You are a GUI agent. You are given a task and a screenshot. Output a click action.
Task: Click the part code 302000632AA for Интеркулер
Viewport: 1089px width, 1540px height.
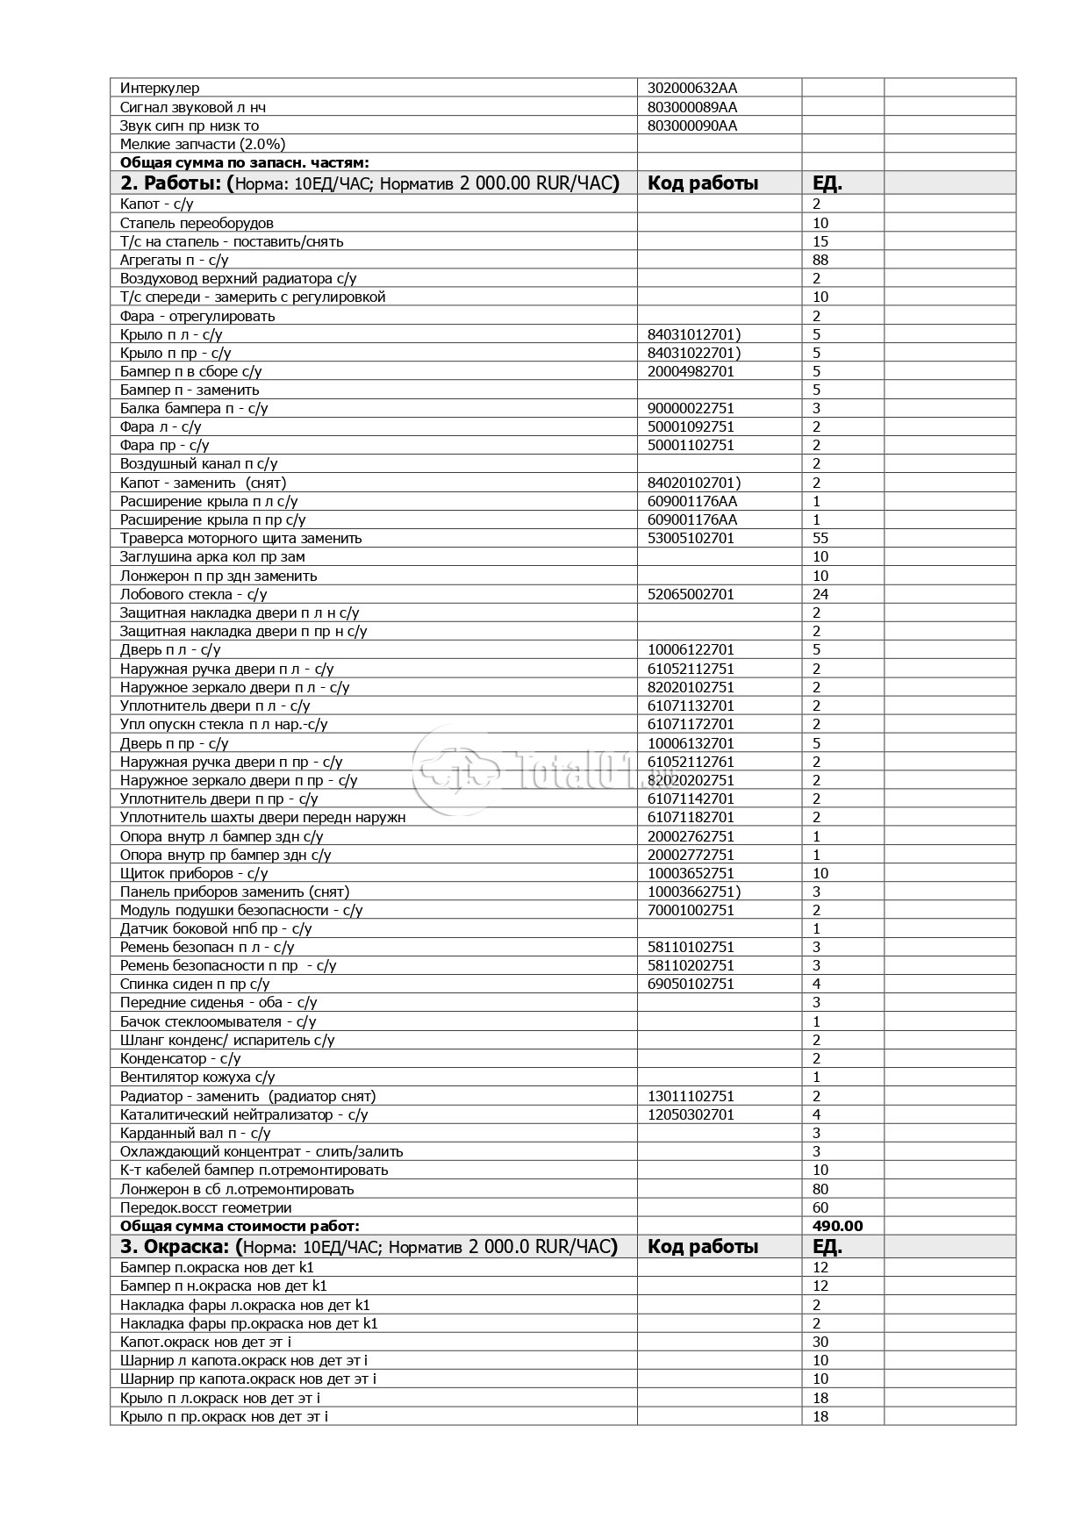tap(691, 88)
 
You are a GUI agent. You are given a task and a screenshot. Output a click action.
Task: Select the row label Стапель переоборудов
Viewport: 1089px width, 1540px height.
tap(197, 223)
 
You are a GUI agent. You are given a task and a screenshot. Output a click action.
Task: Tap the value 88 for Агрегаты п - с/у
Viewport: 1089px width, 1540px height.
tap(820, 260)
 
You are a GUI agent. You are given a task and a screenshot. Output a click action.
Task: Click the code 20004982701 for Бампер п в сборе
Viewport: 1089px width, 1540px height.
tap(691, 371)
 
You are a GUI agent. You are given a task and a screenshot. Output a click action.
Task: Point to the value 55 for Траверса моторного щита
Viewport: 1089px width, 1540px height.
tap(820, 538)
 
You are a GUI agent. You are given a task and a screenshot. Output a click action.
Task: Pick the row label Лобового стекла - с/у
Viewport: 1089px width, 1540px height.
tap(194, 594)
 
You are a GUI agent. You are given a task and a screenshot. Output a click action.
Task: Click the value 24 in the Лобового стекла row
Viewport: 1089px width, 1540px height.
tap(820, 594)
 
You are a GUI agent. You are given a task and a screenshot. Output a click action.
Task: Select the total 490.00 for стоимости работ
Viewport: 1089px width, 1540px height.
tap(837, 1226)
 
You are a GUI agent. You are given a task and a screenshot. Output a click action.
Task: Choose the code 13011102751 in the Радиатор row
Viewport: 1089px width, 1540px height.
tap(691, 1096)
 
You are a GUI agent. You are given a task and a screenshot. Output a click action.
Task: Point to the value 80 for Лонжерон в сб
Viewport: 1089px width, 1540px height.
tap(820, 1189)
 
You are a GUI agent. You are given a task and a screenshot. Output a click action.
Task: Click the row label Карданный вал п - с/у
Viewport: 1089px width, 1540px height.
tap(195, 1133)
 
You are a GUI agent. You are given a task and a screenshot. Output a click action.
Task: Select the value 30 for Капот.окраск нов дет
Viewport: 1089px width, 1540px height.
tap(820, 1342)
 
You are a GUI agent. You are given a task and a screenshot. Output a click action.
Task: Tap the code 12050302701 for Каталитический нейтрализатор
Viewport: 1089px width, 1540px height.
tap(691, 1114)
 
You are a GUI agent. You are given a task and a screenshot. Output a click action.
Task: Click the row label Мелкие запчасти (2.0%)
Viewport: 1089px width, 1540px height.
tap(203, 144)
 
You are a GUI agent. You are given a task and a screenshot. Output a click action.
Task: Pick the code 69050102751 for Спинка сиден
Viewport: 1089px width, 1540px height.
tap(691, 984)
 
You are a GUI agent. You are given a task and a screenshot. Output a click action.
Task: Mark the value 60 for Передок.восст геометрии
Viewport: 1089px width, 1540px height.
tap(820, 1207)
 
